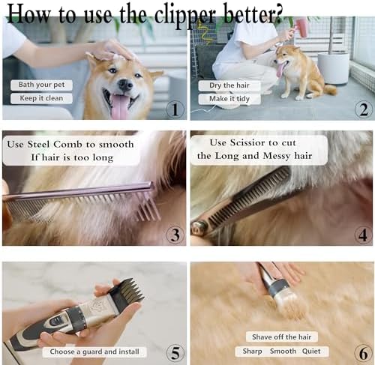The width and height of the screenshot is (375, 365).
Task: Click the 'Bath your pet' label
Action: click(x=41, y=85)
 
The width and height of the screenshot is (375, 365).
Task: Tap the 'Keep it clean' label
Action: click(x=41, y=98)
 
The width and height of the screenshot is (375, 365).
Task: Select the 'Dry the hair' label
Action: click(x=229, y=85)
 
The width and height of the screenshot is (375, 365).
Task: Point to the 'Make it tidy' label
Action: click(x=229, y=99)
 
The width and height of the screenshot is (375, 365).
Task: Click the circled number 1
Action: click(x=175, y=109)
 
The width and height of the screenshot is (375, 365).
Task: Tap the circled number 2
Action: click(x=364, y=109)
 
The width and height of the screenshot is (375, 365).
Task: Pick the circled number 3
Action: click(x=175, y=235)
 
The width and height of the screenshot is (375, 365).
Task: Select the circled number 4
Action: click(x=364, y=235)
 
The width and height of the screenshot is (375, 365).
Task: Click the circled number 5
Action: click(x=175, y=353)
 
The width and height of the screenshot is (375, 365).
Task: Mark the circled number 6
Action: click(x=364, y=353)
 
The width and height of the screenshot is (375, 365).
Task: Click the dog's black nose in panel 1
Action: click(x=125, y=85)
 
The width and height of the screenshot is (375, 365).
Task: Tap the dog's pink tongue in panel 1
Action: click(x=120, y=107)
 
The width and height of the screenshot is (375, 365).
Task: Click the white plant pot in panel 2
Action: click(x=334, y=68)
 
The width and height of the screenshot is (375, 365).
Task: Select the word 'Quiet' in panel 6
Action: click(x=311, y=352)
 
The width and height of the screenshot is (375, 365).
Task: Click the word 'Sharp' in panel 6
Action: click(x=252, y=352)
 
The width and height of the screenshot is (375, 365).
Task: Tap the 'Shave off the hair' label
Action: click(x=282, y=337)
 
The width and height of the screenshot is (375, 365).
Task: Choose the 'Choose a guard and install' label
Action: click(x=94, y=352)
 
